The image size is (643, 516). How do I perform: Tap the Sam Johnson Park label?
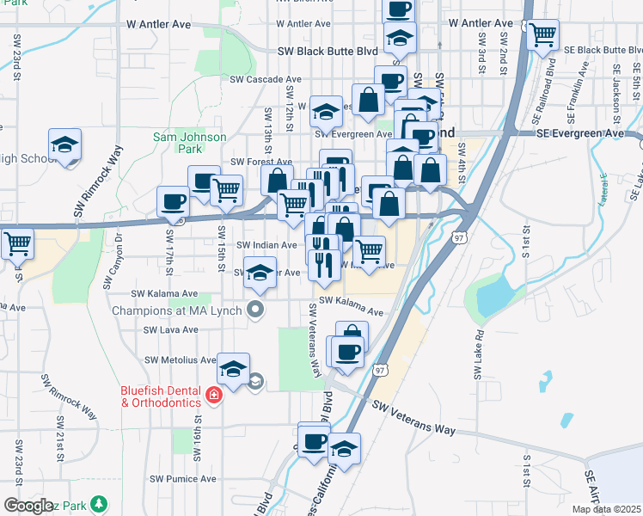coord(189,143)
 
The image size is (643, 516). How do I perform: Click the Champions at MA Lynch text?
coord(179,309)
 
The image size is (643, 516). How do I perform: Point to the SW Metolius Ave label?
coord(181,359)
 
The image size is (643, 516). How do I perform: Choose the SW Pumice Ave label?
coord(183,478)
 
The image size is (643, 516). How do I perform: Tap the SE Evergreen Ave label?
coord(579,133)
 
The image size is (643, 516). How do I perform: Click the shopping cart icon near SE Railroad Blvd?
coord(542,35)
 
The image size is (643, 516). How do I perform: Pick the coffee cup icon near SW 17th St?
coord(173,202)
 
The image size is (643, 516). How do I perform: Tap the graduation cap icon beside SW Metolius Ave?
coord(233,369)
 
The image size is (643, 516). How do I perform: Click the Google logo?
coord(28,506)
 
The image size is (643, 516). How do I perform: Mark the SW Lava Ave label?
coord(171,329)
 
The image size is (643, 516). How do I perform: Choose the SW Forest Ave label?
coord(261,162)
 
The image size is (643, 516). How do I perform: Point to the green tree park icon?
coord(101,503)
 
